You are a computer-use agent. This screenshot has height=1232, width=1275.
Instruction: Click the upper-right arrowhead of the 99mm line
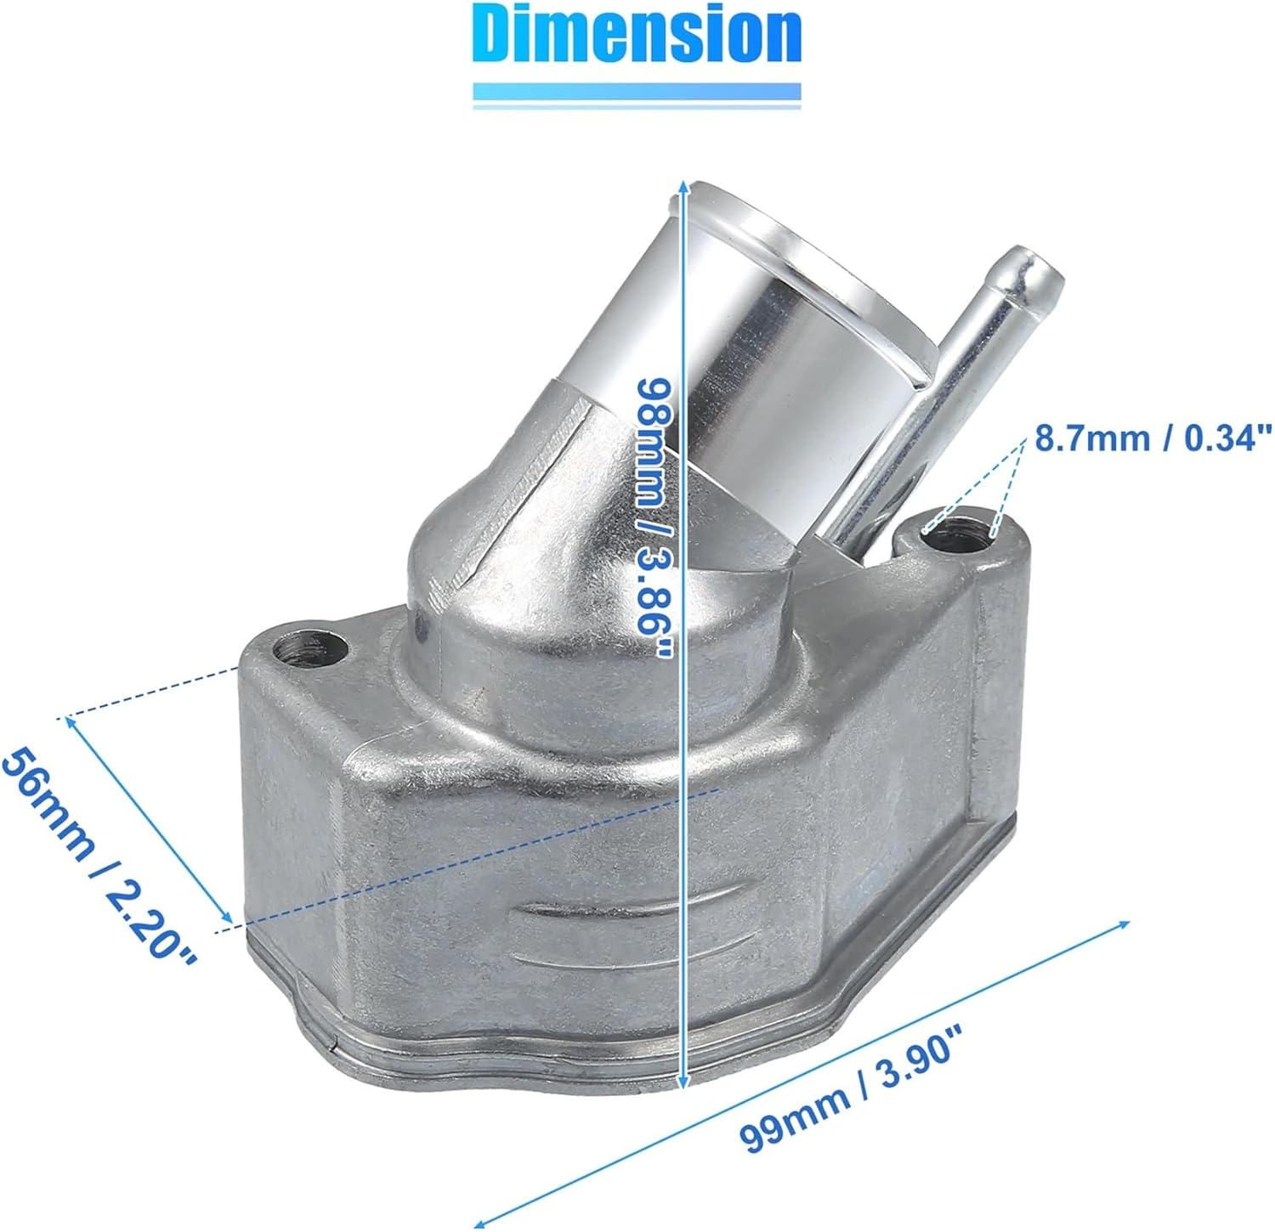tap(1126, 923)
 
